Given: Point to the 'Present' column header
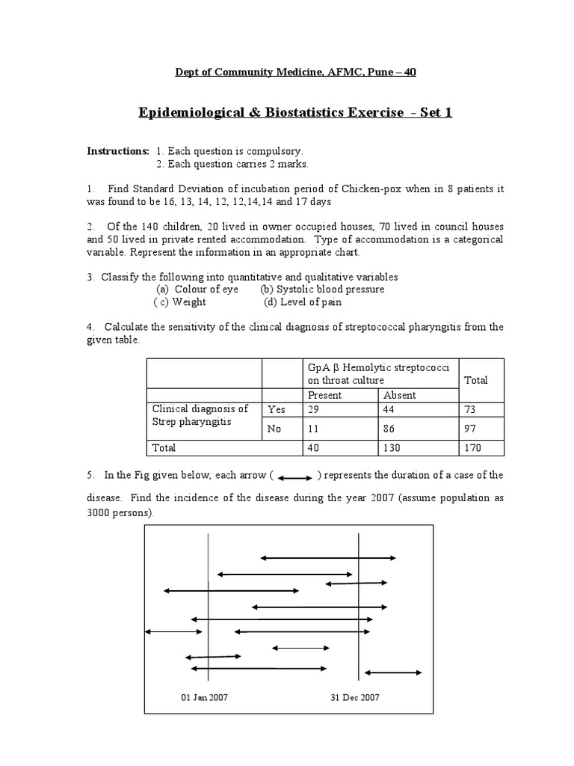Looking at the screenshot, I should pos(324,395).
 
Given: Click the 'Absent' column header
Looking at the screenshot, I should pos(400,395).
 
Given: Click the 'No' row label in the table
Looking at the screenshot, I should pos(274,429).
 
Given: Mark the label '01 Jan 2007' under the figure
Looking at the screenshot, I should pos(205,697).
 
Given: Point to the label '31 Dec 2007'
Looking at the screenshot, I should pos(355,697).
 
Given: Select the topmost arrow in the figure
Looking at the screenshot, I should pos(327,557).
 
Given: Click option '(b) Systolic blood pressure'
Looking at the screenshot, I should pos(322,289).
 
